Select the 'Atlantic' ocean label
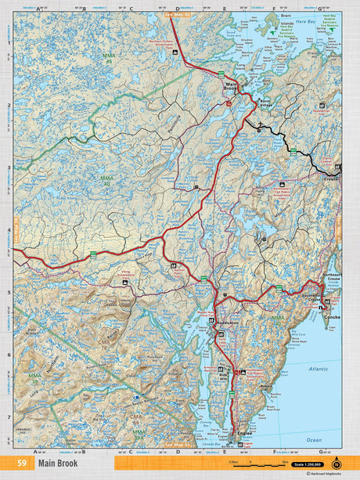click(320, 368)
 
